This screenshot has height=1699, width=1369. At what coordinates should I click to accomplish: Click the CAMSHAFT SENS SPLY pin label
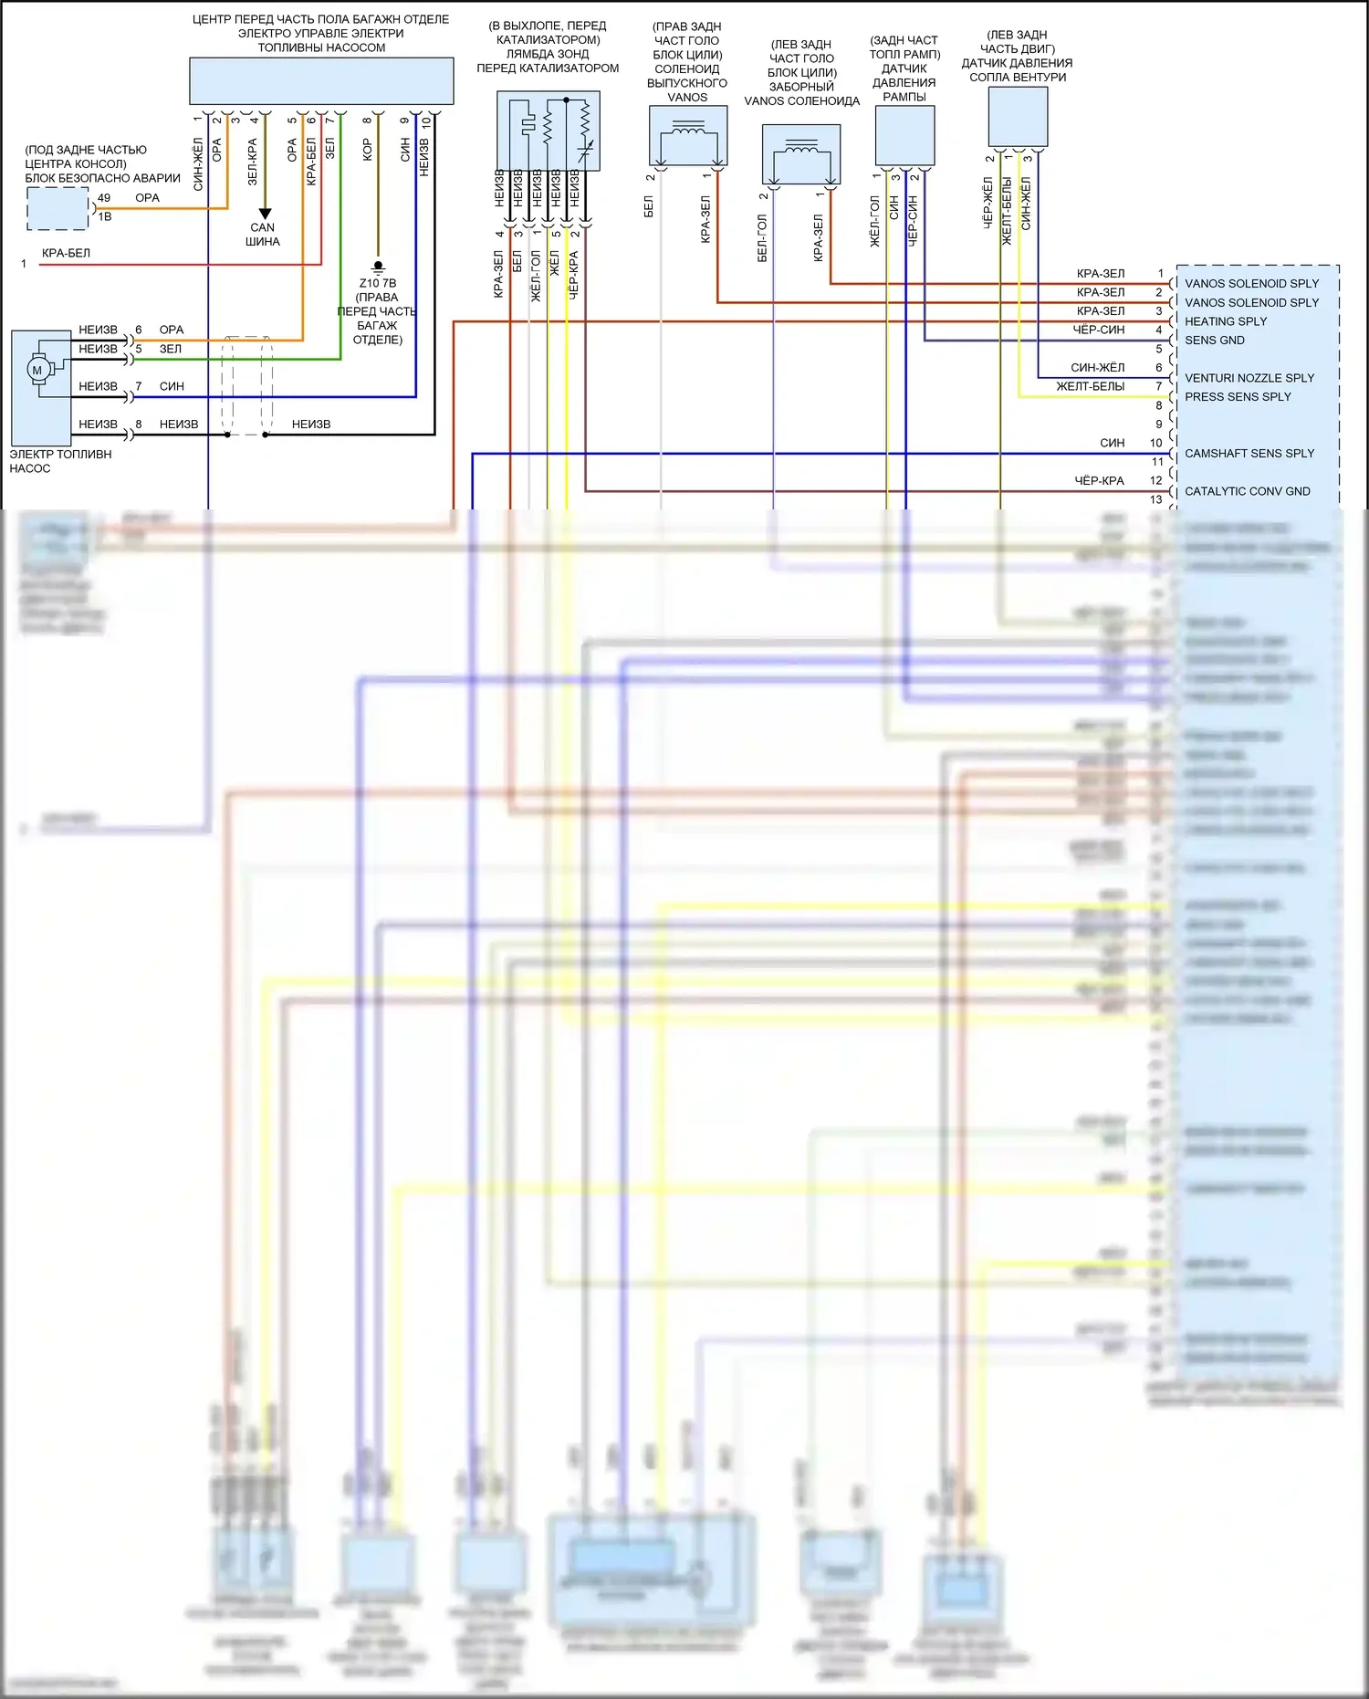tap(1249, 454)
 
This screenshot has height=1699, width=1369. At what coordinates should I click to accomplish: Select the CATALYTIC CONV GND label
tap(1247, 491)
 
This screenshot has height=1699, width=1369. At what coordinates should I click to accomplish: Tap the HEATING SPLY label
tap(1225, 321)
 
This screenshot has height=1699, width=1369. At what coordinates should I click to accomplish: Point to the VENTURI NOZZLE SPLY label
tap(1249, 378)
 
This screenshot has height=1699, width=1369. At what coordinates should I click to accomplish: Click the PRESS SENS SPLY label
tap(1237, 397)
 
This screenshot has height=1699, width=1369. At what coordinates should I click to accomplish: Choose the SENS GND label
tap(1214, 341)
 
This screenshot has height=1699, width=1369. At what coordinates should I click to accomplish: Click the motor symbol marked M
tap(37, 370)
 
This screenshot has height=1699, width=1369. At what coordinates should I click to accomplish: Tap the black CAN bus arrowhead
tap(265, 215)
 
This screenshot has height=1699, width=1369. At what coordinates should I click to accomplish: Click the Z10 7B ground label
tap(378, 283)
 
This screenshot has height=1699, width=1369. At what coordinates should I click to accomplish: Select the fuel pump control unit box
tap(321, 81)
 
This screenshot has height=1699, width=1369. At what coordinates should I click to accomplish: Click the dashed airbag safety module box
tap(57, 208)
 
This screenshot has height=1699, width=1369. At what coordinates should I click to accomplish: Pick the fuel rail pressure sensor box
tap(904, 135)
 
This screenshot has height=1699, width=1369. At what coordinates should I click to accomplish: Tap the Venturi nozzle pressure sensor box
tap(1018, 116)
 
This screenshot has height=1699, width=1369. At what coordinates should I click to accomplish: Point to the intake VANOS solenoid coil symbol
tap(800, 154)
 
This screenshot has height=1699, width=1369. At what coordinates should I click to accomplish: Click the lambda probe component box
tap(548, 131)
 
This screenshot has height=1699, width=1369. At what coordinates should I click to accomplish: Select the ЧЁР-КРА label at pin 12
tap(1099, 481)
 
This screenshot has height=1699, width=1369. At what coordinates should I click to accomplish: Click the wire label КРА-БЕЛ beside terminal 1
tap(66, 254)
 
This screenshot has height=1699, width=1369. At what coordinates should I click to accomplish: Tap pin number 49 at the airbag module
tap(104, 198)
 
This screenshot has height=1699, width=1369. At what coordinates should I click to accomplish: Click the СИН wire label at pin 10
tap(1112, 444)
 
